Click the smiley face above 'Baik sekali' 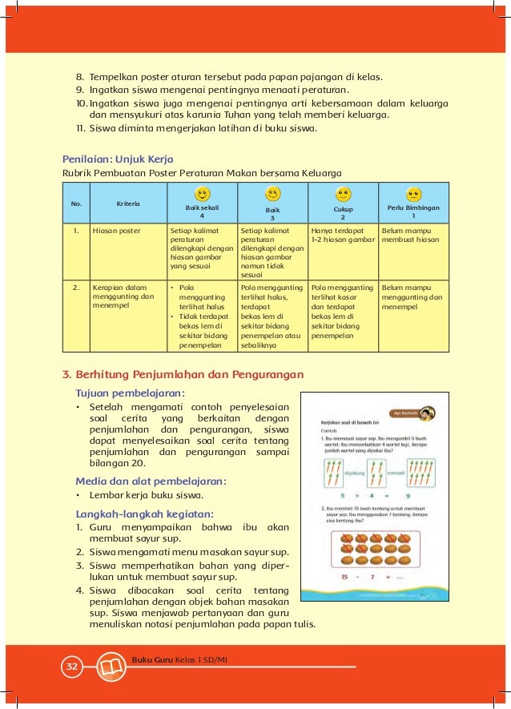click(x=203, y=194)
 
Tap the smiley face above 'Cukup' click(x=344, y=194)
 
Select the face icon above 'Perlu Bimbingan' click(x=414, y=194)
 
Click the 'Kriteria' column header click(x=128, y=203)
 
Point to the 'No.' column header click(x=77, y=203)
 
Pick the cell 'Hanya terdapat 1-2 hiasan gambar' click(x=343, y=235)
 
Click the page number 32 click(x=72, y=667)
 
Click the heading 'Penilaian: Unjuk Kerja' click(x=118, y=159)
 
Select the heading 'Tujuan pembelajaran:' click(x=130, y=393)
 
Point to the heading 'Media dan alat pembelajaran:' click(x=151, y=481)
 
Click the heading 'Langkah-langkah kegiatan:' click(x=144, y=513)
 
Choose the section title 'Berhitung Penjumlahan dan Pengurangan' click(x=182, y=373)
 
